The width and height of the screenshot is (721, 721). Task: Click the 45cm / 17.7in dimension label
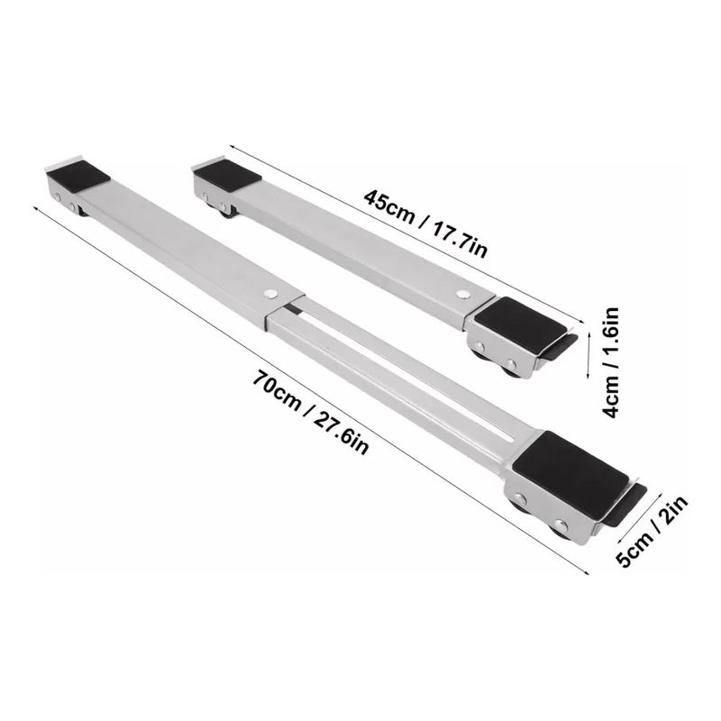(424, 224)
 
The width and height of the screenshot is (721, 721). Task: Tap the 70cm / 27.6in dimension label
(310, 412)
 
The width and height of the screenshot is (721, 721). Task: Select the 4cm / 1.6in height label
(611, 362)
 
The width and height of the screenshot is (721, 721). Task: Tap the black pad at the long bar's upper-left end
(78, 177)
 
